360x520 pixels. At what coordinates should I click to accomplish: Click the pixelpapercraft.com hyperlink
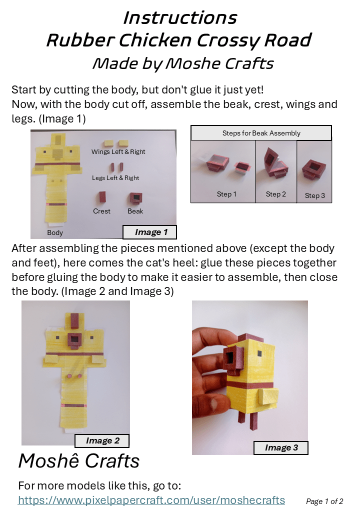(x=151, y=500)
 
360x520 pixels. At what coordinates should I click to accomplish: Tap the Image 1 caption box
(x=149, y=232)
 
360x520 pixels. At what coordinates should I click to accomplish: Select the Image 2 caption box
(x=102, y=440)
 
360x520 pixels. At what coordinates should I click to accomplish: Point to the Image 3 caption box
(x=281, y=447)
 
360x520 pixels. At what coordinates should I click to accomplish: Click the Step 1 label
(x=226, y=194)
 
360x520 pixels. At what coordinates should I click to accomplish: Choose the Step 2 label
(x=276, y=194)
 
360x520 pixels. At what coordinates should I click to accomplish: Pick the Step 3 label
(x=315, y=195)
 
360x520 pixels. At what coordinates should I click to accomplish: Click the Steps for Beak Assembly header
(x=261, y=133)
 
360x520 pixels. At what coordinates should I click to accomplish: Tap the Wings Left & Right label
(x=118, y=151)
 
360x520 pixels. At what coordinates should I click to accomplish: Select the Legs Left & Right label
(x=115, y=178)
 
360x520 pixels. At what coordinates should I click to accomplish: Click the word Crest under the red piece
(x=101, y=211)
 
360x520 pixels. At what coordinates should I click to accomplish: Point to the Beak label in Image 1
(x=135, y=211)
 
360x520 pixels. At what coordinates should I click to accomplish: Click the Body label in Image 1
(x=55, y=232)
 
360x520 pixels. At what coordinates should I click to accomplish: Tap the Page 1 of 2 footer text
(x=324, y=501)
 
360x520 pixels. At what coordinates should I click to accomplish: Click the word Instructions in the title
(x=180, y=18)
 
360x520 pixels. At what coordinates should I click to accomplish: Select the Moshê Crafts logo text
(x=79, y=461)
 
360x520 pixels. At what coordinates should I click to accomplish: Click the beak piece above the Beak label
(x=135, y=198)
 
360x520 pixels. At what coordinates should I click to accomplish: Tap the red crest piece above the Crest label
(x=102, y=197)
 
